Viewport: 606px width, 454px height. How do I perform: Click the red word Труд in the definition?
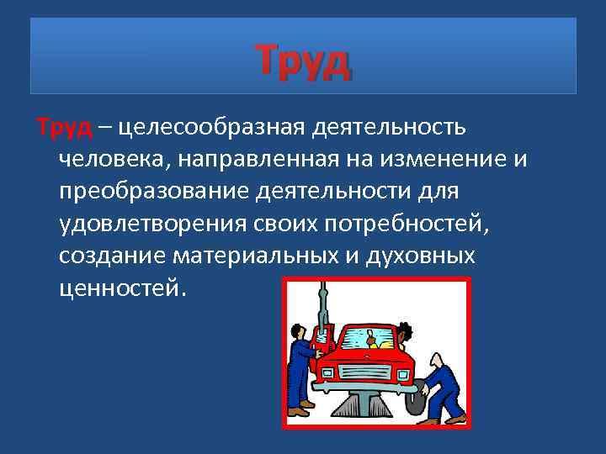[x=63, y=128]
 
